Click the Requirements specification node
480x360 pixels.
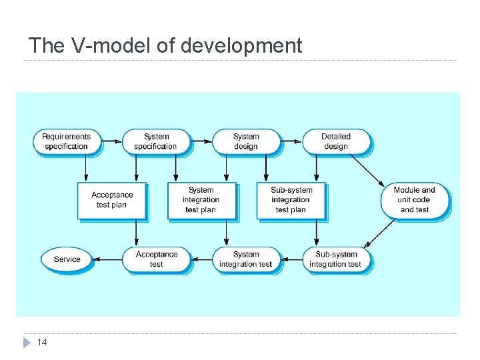tap(66, 141)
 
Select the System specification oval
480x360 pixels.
tap(156, 141)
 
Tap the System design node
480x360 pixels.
tap(246, 141)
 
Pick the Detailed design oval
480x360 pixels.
tap(336, 141)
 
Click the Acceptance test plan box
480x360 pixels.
tap(111, 200)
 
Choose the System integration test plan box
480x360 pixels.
tap(201, 200)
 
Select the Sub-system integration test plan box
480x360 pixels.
tap(291, 200)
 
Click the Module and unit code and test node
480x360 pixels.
tap(414, 200)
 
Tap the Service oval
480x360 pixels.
tap(67, 259)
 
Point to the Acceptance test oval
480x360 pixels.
tap(156, 259)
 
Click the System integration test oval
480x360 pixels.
tap(246, 259)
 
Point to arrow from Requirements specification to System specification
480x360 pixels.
tap(111, 141)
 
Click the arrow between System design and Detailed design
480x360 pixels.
tap(291, 141)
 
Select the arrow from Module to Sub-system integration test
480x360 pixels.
tap(381, 234)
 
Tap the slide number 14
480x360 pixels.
tap(42, 342)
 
